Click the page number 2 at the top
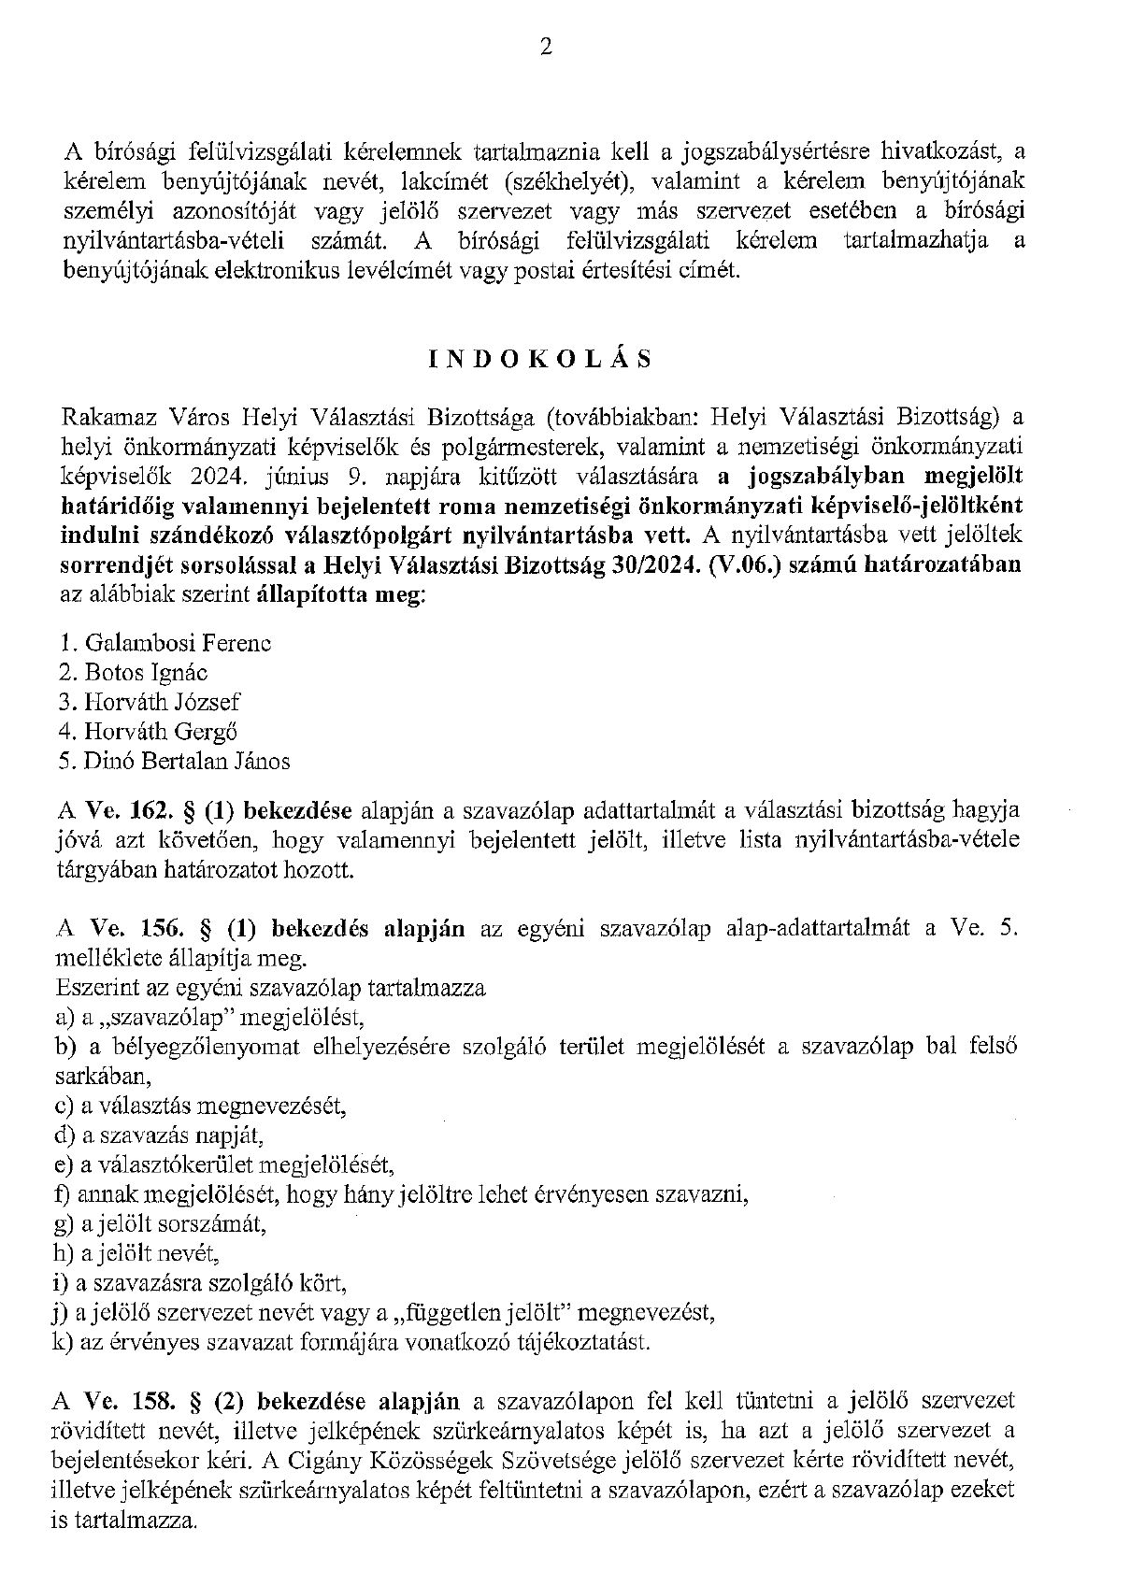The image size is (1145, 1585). click(x=546, y=47)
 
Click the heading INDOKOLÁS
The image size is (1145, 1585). click(x=540, y=361)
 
